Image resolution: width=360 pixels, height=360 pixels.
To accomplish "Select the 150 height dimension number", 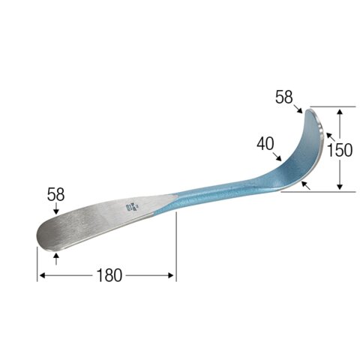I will coord(340,149).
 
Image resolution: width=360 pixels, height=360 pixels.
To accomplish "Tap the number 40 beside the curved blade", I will coord(264,142).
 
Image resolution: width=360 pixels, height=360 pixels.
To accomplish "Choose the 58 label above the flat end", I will coord(56,193).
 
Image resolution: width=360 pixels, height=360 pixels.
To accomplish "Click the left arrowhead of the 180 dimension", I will coord(41,276).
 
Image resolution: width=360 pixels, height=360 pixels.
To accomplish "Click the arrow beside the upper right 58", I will coord(298,109).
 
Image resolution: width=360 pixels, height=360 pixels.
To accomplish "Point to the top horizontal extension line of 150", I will coord(330,106).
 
